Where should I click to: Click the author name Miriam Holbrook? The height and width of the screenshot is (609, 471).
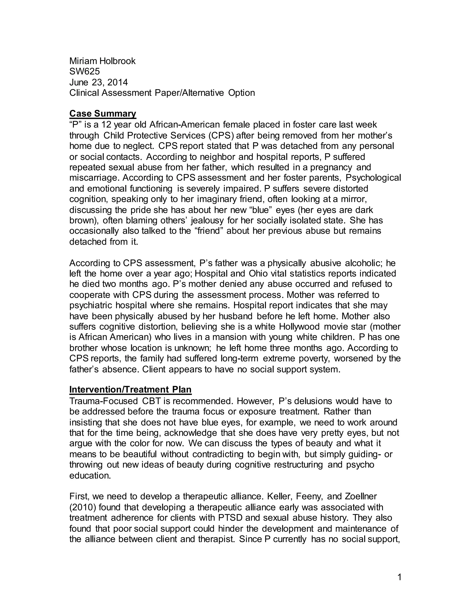click(102, 61)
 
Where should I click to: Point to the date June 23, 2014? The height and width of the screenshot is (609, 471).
click(98, 82)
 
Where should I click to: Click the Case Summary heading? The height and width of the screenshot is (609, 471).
click(103, 114)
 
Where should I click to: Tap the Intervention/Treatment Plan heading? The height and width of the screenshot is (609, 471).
click(130, 390)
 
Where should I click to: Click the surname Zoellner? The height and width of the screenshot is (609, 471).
click(361, 497)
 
